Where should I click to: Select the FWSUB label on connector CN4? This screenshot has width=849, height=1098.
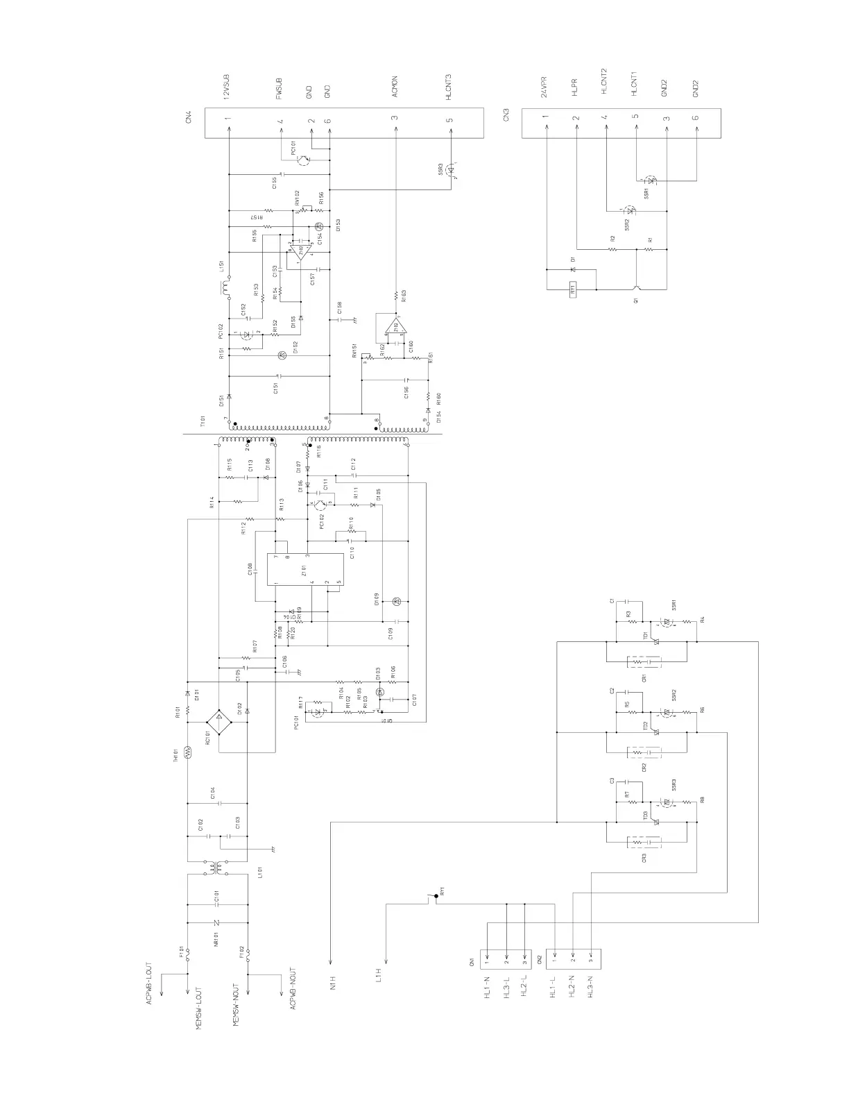[x=280, y=90]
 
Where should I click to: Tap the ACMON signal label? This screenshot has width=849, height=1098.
[x=394, y=90]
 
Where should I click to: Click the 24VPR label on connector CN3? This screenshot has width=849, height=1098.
[x=544, y=87]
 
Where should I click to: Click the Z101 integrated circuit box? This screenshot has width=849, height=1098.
[x=305, y=570]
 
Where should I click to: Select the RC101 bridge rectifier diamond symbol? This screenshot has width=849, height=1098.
[x=219, y=723]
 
